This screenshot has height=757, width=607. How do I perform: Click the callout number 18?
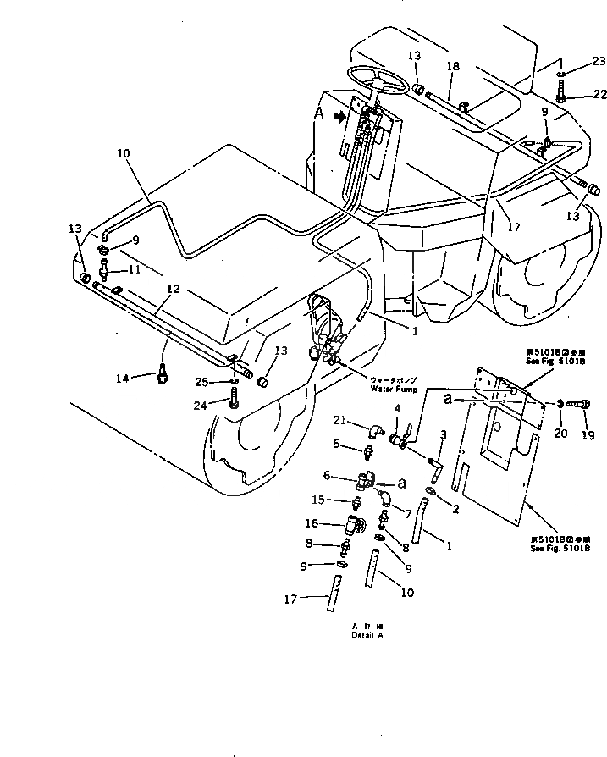click(x=452, y=65)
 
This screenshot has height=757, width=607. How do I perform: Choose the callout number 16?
click(x=313, y=524)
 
